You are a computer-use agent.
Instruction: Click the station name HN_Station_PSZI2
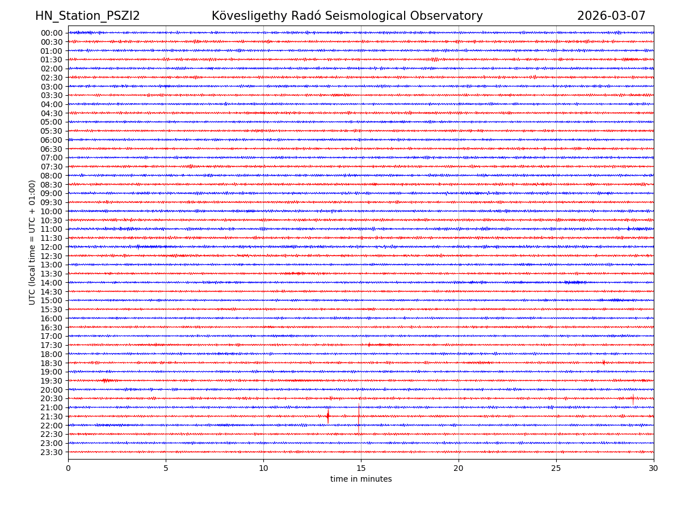point(87,16)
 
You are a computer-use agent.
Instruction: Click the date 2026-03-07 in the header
point(611,16)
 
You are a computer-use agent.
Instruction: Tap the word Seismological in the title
point(363,16)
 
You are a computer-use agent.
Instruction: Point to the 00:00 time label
point(52,33)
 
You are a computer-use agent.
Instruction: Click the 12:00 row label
point(52,247)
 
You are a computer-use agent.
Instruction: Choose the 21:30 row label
point(52,416)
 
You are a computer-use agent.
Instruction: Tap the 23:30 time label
point(52,452)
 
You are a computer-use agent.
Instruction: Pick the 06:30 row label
point(52,149)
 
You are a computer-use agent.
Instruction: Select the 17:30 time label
point(52,345)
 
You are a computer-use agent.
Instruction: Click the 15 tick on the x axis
point(361,469)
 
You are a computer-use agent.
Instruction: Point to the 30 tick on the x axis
point(654,469)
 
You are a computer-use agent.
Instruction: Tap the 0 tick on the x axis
point(68,469)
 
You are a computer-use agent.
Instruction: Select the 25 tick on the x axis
point(556,469)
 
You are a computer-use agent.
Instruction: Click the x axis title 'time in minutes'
point(361,479)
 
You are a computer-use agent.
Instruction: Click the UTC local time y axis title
point(32,243)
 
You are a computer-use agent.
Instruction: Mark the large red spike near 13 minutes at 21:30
point(328,416)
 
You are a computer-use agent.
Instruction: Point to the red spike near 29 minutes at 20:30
point(633,398)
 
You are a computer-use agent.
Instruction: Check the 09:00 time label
point(52,193)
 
